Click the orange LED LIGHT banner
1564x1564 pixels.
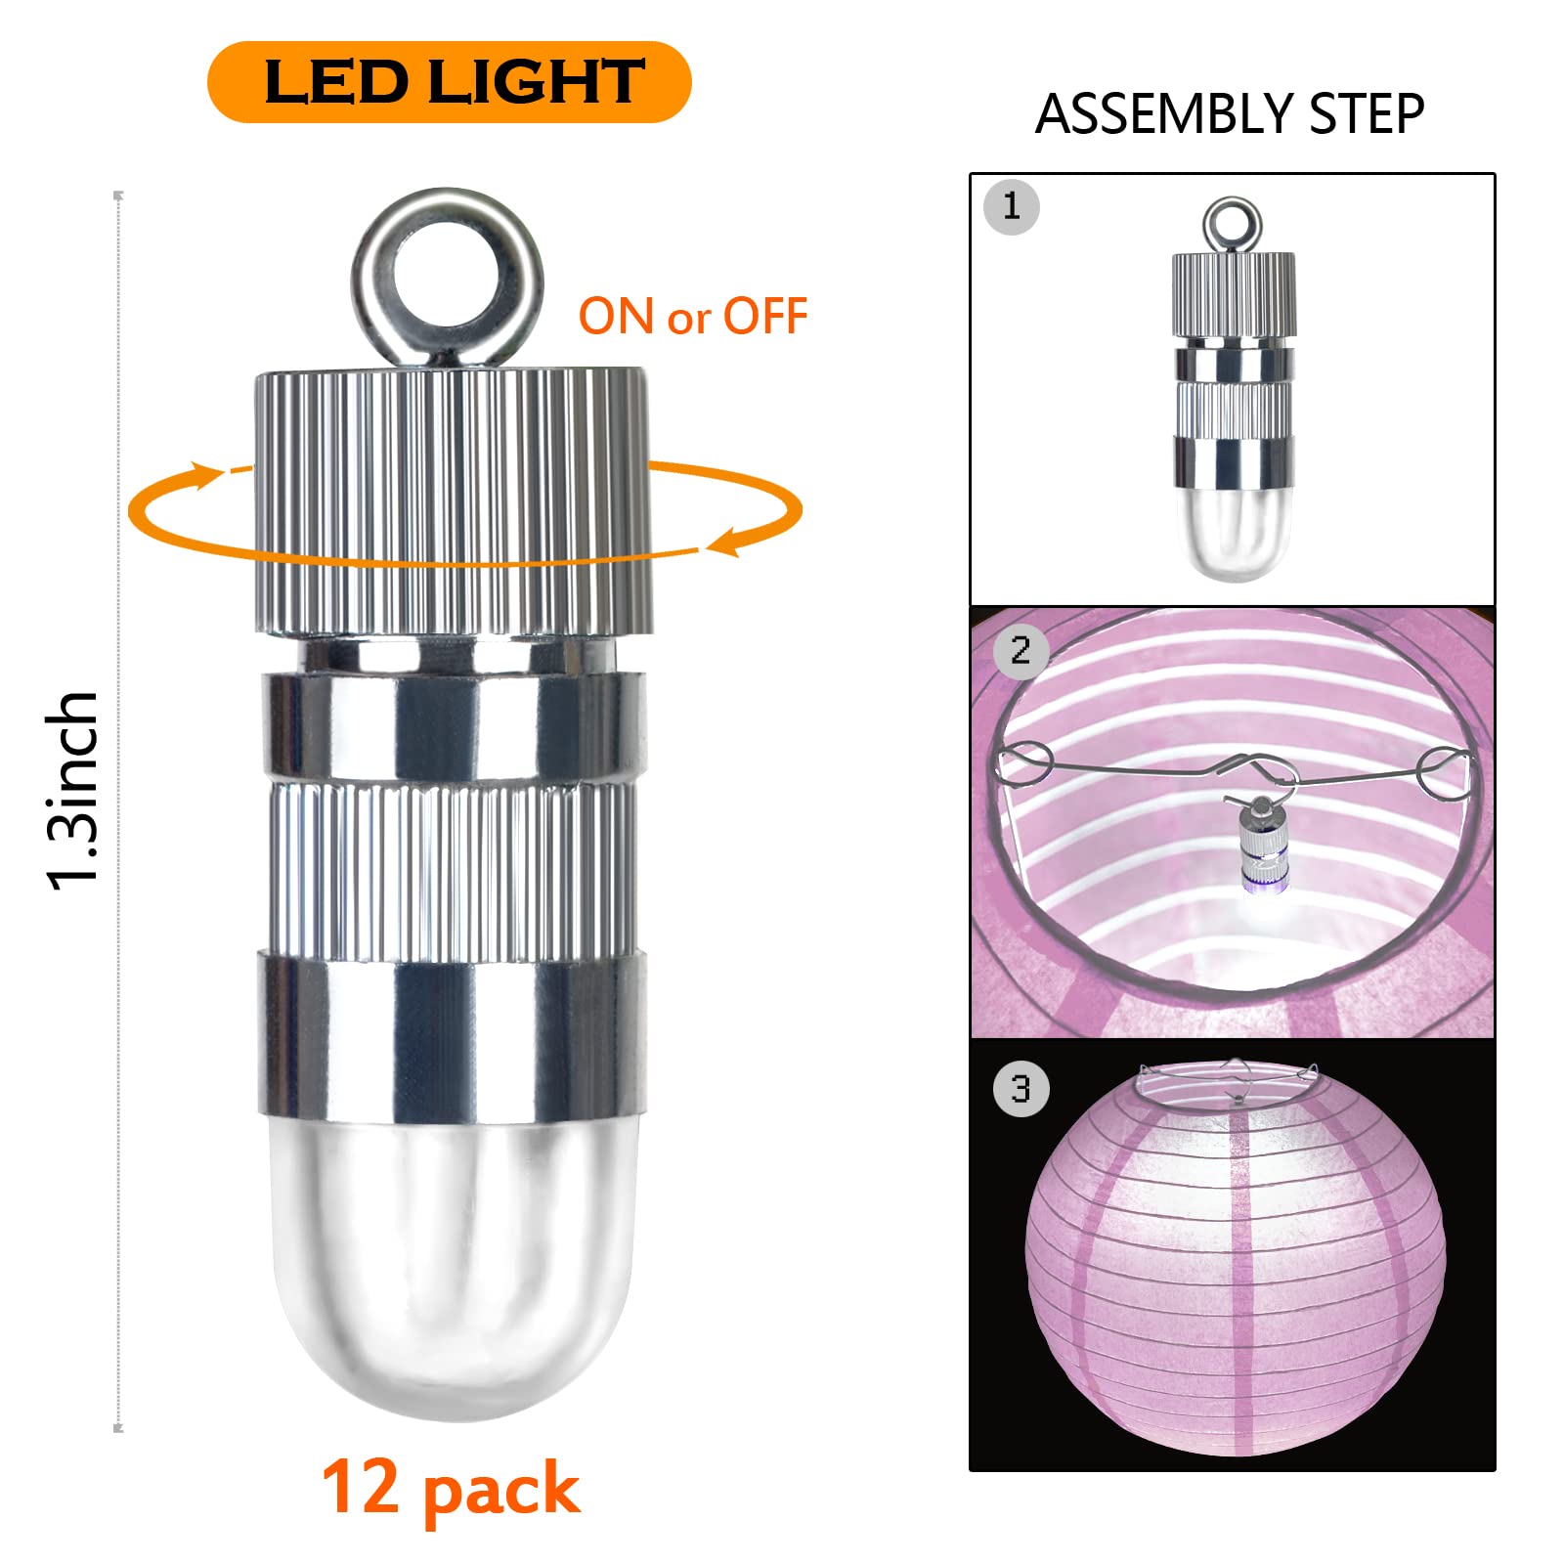coord(450,82)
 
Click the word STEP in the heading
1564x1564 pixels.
coord(1367,114)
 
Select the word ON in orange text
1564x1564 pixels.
coord(617,317)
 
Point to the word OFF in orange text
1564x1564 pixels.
coord(765,317)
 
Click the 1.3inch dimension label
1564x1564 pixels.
coord(74,790)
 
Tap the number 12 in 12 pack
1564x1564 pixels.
coord(361,1487)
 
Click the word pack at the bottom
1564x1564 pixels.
coord(501,1494)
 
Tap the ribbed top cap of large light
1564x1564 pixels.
coord(454,501)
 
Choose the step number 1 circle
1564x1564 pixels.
coord(1012,207)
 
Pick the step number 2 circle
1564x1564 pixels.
coord(1021,650)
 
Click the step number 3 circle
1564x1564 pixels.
coord(1021,1089)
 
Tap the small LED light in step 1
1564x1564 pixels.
coord(1234,389)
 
